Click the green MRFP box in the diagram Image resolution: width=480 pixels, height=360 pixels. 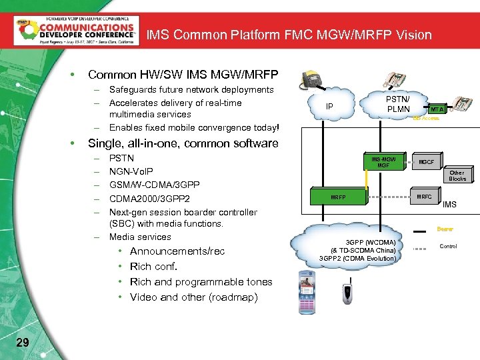click(339, 197)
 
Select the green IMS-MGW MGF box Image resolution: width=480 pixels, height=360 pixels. click(383, 162)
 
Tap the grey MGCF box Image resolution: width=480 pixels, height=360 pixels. click(426, 162)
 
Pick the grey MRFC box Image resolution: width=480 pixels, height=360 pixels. click(424, 197)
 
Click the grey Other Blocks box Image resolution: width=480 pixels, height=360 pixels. click(457, 176)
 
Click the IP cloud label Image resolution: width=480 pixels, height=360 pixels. click(329, 106)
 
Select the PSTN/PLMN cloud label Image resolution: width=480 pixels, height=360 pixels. click(398, 104)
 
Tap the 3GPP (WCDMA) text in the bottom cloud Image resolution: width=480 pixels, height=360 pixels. click(371, 241)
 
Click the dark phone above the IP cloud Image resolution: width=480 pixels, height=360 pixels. click(312, 81)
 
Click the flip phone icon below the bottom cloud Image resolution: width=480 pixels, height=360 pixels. click(346, 292)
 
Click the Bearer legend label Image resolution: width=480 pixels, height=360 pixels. click(445, 229)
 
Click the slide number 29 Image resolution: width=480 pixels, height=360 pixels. click(22, 343)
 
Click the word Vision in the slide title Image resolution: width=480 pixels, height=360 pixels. click(413, 35)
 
